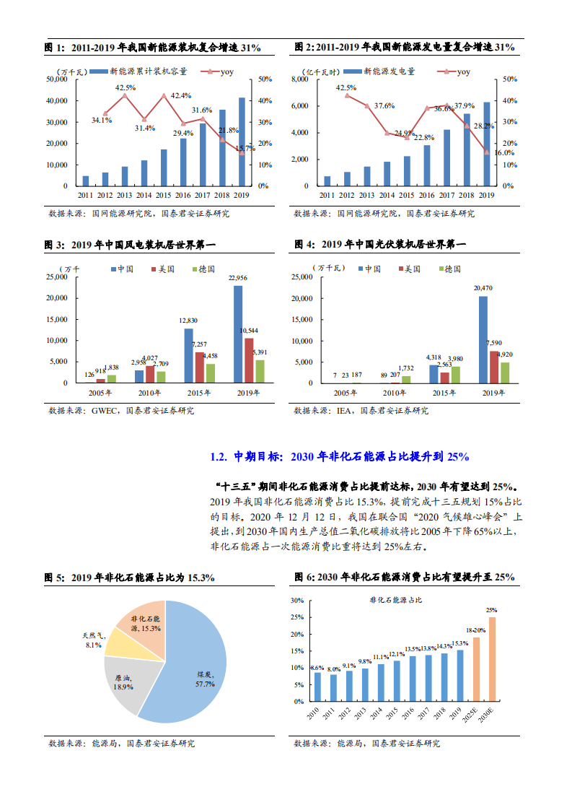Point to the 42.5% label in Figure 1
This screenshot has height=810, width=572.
(x=125, y=87)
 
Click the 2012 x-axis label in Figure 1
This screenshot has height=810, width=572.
(x=105, y=195)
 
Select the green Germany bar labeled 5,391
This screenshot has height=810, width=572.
(x=260, y=371)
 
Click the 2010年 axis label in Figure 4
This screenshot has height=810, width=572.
(x=394, y=393)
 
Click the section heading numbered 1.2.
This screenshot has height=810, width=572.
(x=339, y=456)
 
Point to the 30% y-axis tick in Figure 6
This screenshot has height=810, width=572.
(x=296, y=601)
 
